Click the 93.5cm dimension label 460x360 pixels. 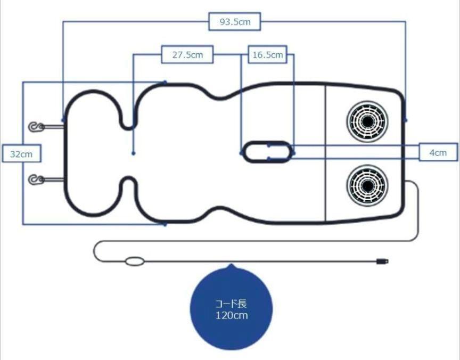(x=235, y=21)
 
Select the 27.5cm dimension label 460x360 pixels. (x=187, y=54)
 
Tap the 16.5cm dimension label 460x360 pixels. (x=268, y=54)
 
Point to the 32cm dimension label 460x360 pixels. (x=21, y=153)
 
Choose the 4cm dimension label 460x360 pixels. (x=438, y=152)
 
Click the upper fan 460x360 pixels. (x=367, y=121)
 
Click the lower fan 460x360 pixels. (x=367, y=185)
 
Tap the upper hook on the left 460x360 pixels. (x=36, y=127)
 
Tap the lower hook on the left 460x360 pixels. (x=36, y=179)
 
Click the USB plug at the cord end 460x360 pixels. (x=383, y=261)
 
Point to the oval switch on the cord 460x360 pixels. (x=135, y=261)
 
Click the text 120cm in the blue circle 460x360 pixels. (x=232, y=315)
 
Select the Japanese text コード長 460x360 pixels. (x=231, y=304)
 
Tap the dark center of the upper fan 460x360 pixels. (x=367, y=121)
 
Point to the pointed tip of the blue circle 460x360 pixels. (x=232, y=264)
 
